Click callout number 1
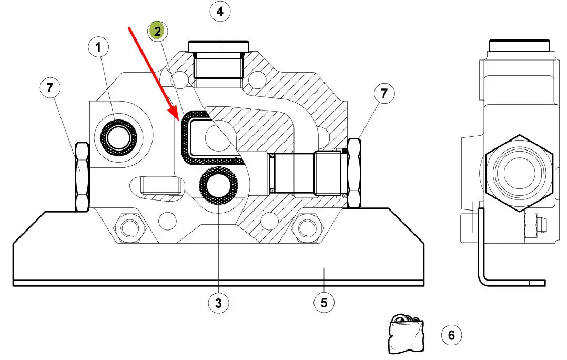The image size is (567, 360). (x=98, y=47)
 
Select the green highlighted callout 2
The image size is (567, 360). (x=157, y=31)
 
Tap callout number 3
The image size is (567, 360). (x=218, y=303)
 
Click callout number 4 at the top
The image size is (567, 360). (x=220, y=12)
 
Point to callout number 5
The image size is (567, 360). (x=324, y=303)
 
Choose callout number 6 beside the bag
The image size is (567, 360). (x=451, y=335)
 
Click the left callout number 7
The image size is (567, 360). (x=50, y=87)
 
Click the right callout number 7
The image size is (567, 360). (x=384, y=93)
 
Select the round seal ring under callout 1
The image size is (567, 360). (x=118, y=138)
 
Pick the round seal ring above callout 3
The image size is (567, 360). (x=219, y=186)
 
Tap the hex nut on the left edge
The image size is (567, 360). (x=82, y=176)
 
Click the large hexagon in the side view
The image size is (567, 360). (x=520, y=173)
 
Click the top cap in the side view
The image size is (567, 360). (x=520, y=45)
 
